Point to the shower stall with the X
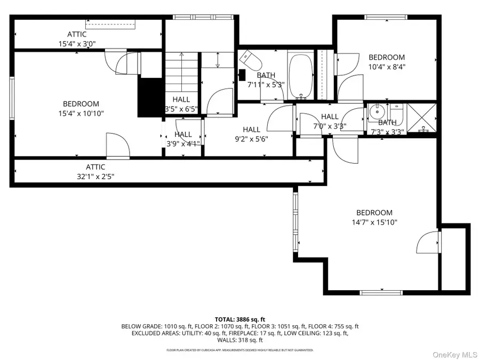tap(422, 118)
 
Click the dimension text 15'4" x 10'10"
tap(81, 114)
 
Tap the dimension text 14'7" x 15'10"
tap(374, 222)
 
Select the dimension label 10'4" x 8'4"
tap(387, 67)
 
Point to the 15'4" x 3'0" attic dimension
tap(77, 44)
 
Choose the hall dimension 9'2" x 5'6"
tap(251, 139)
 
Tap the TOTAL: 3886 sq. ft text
tap(239, 319)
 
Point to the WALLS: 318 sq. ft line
tap(239, 340)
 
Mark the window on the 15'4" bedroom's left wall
tap(12, 97)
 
